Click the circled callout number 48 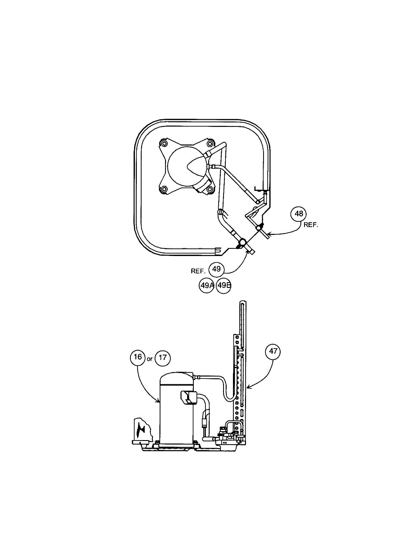[299, 214]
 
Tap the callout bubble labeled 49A [207, 285]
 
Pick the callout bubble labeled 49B [224, 285]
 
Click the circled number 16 [138, 358]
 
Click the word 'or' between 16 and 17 [150, 359]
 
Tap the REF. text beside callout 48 [311, 225]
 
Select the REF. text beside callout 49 [198, 271]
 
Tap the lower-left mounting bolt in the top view [164, 189]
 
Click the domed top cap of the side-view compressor [177, 378]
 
